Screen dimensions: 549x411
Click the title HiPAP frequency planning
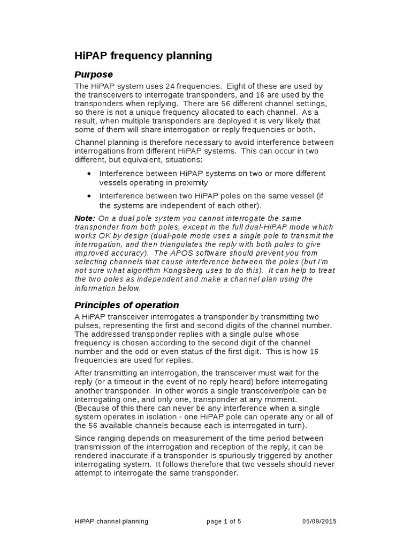pyautogui.click(x=143, y=56)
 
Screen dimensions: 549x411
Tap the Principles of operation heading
pyautogui.click(x=126, y=305)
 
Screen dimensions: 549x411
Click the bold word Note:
pyautogui.click(x=85, y=218)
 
